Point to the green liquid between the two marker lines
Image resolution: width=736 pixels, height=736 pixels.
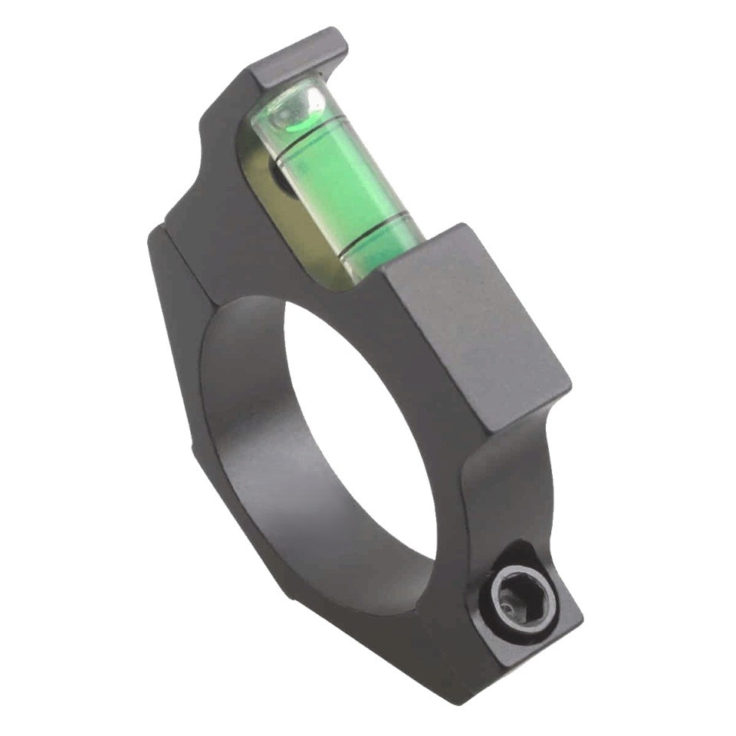pos(341,180)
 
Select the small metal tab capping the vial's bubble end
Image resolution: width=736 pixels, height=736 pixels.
pos(300,57)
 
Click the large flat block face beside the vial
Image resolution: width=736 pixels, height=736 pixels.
pos(475,330)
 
